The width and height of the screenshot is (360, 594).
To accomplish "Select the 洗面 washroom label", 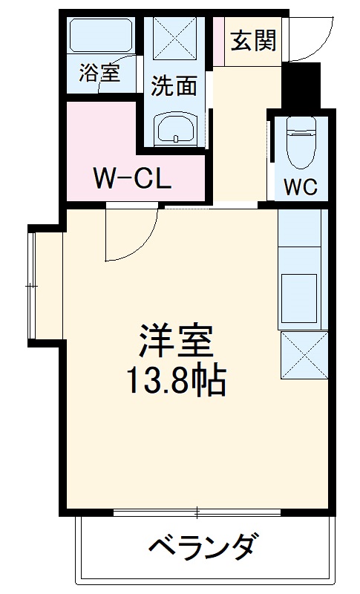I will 174,86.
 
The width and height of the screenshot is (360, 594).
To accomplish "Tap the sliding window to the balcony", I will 197,512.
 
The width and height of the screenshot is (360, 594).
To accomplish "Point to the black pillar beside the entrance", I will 302,85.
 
